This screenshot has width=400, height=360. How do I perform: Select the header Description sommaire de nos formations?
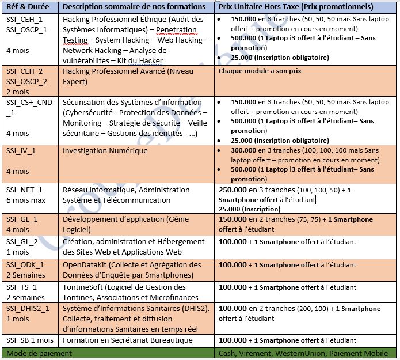(134, 7)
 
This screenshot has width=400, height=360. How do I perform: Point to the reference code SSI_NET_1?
(24, 190)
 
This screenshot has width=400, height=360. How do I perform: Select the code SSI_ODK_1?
(25, 264)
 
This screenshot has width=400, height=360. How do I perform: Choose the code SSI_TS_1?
(22, 287)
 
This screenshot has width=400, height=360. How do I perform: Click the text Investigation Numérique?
(105, 151)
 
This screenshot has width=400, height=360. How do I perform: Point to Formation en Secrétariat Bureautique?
(128, 340)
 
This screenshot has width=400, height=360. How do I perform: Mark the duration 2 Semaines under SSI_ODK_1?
(26, 275)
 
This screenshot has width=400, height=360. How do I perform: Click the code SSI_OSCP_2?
(26, 81)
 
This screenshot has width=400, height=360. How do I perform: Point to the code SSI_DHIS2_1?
(28, 309)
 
